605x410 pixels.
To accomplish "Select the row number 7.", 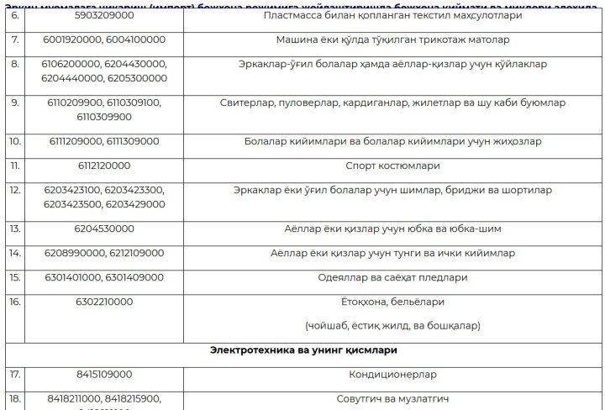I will click(13, 39).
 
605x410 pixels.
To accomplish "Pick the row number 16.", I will click(14, 300).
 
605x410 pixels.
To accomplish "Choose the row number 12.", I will click(14, 190).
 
